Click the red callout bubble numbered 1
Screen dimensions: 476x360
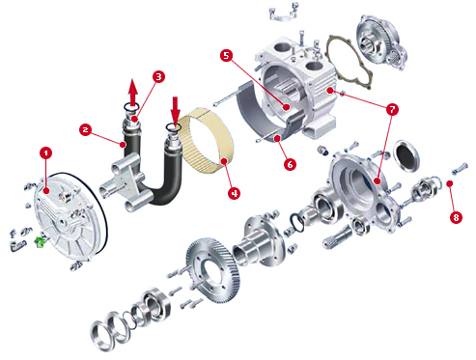pyautogui.click(x=45, y=152)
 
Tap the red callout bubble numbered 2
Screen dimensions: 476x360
pyautogui.click(x=85, y=129)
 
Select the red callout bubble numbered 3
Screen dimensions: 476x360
pyautogui.click(x=158, y=76)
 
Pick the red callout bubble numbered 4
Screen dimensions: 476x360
pyautogui.click(x=235, y=193)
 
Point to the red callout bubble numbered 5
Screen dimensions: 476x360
pyautogui.click(x=227, y=55)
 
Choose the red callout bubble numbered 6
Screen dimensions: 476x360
pyautogui.click(x=290, y=164)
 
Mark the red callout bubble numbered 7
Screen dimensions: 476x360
pyautogui.click(x=392, y=110)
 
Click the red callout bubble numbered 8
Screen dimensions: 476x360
pyautogui.click(x=456, y=217)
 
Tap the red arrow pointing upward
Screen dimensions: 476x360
pyautogui.click(x=133, y=93)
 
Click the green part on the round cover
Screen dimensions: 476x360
pyautogui.click(x=41, y=242)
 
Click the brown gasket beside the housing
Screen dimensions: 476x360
pyautogui.click(x=350, y=62)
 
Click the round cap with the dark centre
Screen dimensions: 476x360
pyautogui.click(x=406, y=155)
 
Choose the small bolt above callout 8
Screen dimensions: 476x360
pyautogui.click(x=460, y=169)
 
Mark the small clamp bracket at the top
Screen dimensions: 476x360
pyautogui.click(x=283, y=14)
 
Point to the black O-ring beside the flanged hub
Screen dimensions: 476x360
pyautogui.click(x=296, y=222)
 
